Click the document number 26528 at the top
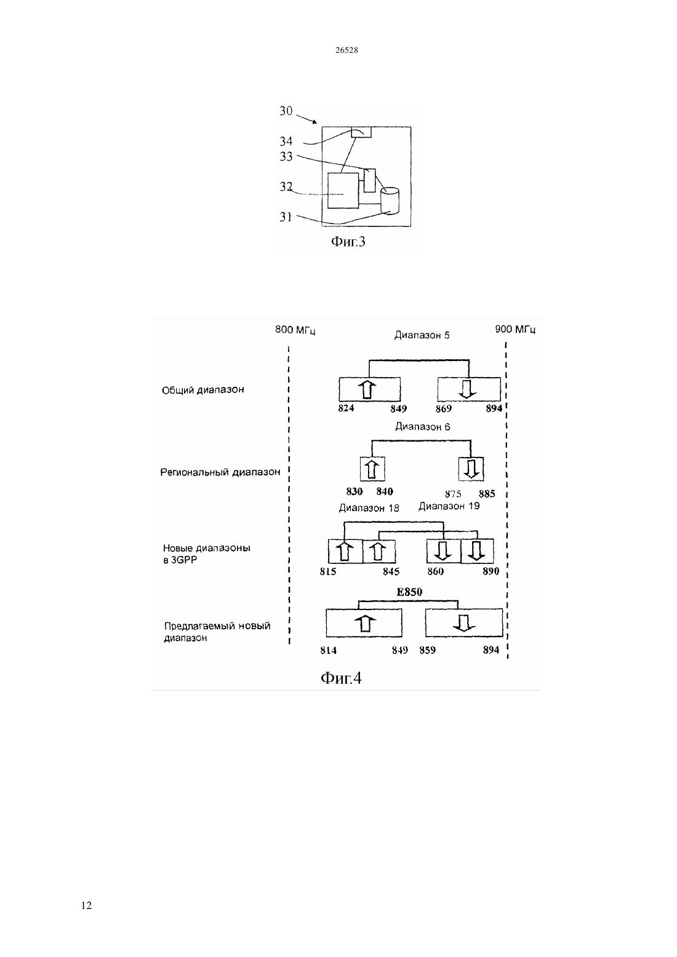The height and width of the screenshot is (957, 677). pyautogui.click(x=347, y=50)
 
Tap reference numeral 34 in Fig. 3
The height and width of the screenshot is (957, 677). pyautogui.click(x=286, y=141)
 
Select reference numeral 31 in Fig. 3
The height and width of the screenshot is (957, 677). pyautogui.click(x=286, y=217)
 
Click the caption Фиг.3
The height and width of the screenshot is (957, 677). pyautogui.click(x=348, y=242)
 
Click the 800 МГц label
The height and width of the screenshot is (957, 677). pyautogui.click(x=295, y=330)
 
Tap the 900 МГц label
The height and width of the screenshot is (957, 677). pyautogui.click(x=515, y=330)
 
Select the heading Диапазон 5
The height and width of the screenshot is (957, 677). pyautogui.click(x=422, y=335)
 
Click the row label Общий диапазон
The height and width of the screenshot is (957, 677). pyautogui.click(x=202, y=390)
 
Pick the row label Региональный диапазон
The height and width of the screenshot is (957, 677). pyautogui.click(x=220, y=472)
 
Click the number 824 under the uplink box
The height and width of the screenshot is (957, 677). pyautogui.click(x=346, y=408)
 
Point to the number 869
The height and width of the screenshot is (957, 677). pyautogui.click(x=444, y=409)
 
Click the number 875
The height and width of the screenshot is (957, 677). pyautogui.click(x=453, y=494)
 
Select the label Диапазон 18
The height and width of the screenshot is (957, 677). pyautogui.click(x=369, y=508)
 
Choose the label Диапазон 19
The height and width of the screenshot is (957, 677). pyautogui.click(x=449, y=506)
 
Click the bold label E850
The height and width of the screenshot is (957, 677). pyautogui.click(x=409, y=592)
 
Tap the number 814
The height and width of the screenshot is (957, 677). pyautogui.click(x=328, y=650)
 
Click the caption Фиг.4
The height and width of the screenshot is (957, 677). pyautogui.click(x=341, y=678)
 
